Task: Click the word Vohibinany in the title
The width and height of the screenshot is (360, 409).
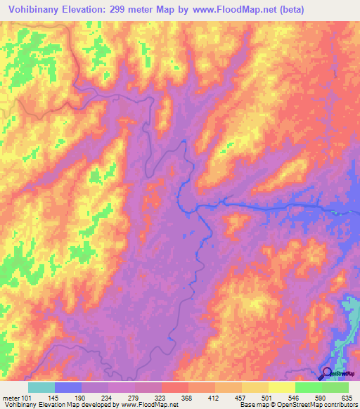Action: point(34,10)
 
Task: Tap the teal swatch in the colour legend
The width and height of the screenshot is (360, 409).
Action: point(41,387)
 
